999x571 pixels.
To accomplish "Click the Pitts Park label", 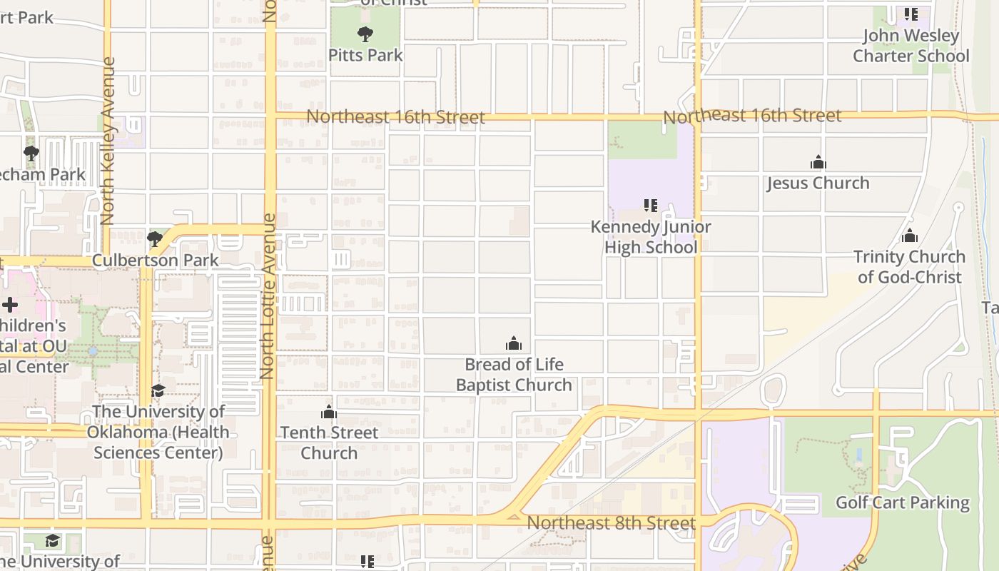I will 365,55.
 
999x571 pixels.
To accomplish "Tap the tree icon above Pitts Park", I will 365,34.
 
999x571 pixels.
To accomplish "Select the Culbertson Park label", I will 156,260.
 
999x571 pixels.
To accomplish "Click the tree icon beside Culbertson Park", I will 154,238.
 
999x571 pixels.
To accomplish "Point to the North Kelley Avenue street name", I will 108,141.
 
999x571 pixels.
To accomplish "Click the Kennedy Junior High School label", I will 650,237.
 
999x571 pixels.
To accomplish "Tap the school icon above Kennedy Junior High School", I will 650,206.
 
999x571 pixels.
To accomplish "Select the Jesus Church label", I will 818,183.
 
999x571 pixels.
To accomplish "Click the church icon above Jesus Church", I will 818,163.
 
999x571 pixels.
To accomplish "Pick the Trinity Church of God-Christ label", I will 909,267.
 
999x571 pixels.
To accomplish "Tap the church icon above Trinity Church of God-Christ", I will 909,236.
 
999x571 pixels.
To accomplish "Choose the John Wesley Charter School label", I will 911,46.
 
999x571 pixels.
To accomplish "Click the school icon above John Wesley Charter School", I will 911,14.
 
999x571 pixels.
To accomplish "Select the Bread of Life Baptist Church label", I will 514,375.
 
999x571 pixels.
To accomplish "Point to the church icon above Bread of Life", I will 514,344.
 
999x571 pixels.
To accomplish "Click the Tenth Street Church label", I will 329,443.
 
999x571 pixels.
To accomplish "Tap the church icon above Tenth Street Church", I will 329,412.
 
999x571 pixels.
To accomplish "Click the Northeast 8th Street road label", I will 611,523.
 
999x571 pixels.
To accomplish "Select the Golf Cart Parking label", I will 902,502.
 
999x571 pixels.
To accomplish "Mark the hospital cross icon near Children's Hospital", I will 10,305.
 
